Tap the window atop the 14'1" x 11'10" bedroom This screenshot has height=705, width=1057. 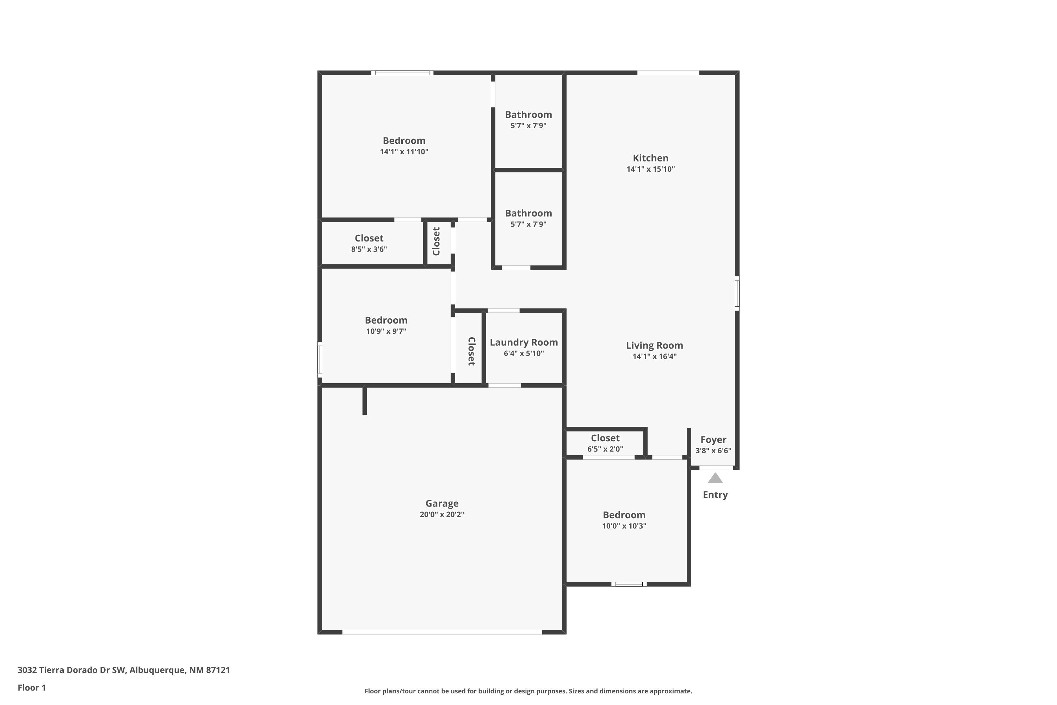402,72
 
